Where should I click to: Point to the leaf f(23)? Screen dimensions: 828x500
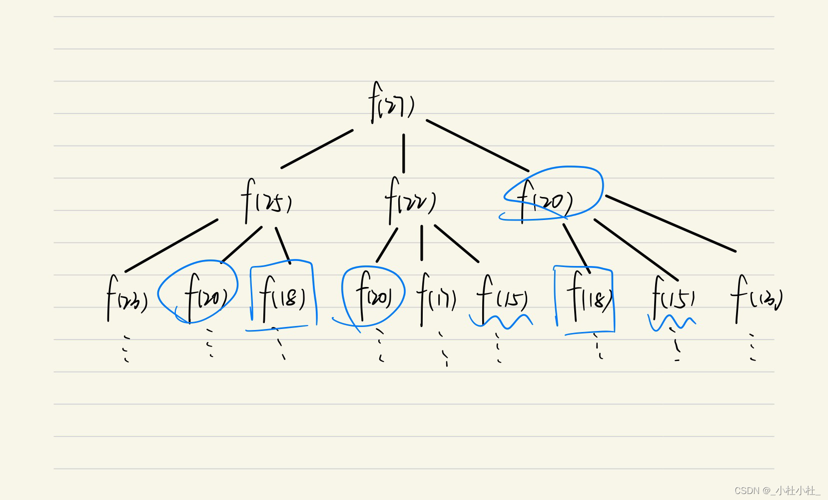127,299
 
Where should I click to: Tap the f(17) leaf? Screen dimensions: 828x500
436,298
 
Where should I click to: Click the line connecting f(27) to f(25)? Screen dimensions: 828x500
317,149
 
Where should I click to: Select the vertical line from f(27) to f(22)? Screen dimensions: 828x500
404,153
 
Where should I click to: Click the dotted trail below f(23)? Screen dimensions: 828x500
126,348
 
